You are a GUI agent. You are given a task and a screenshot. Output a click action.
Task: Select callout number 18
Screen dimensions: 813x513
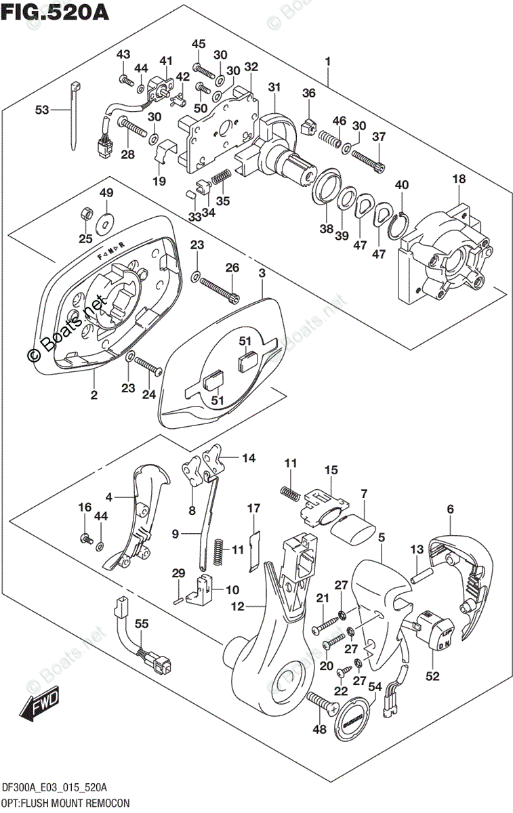[459, 178]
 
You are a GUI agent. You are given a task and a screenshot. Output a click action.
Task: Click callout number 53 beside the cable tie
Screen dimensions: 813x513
[42, 109]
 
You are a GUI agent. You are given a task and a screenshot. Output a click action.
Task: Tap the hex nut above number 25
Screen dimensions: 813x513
[85, 212]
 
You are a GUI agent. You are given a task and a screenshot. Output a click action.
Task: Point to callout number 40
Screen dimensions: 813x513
[402, 184]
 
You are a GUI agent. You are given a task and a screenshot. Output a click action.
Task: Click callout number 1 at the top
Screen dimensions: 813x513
[327, 62]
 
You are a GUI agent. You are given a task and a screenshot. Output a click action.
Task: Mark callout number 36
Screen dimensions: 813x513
[309, 93]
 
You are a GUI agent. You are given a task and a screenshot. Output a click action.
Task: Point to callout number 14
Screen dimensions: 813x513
[248, 459]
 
